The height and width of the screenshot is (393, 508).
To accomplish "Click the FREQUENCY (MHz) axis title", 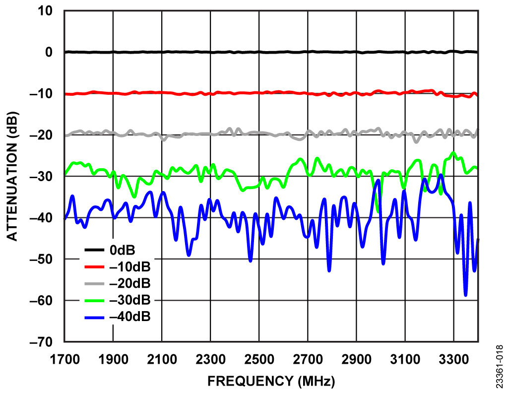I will pos(271,381).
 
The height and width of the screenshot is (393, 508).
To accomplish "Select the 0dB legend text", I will pos(122,250).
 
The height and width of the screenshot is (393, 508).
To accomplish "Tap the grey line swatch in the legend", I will pos(95,283).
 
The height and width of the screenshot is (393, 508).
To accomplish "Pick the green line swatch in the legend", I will pos(95,300).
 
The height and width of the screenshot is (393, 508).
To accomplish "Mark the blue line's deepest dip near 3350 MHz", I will pos(465,295).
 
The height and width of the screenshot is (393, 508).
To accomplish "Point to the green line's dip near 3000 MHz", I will pos(379,211).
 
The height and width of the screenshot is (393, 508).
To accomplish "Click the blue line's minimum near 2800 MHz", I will pos(329,270).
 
